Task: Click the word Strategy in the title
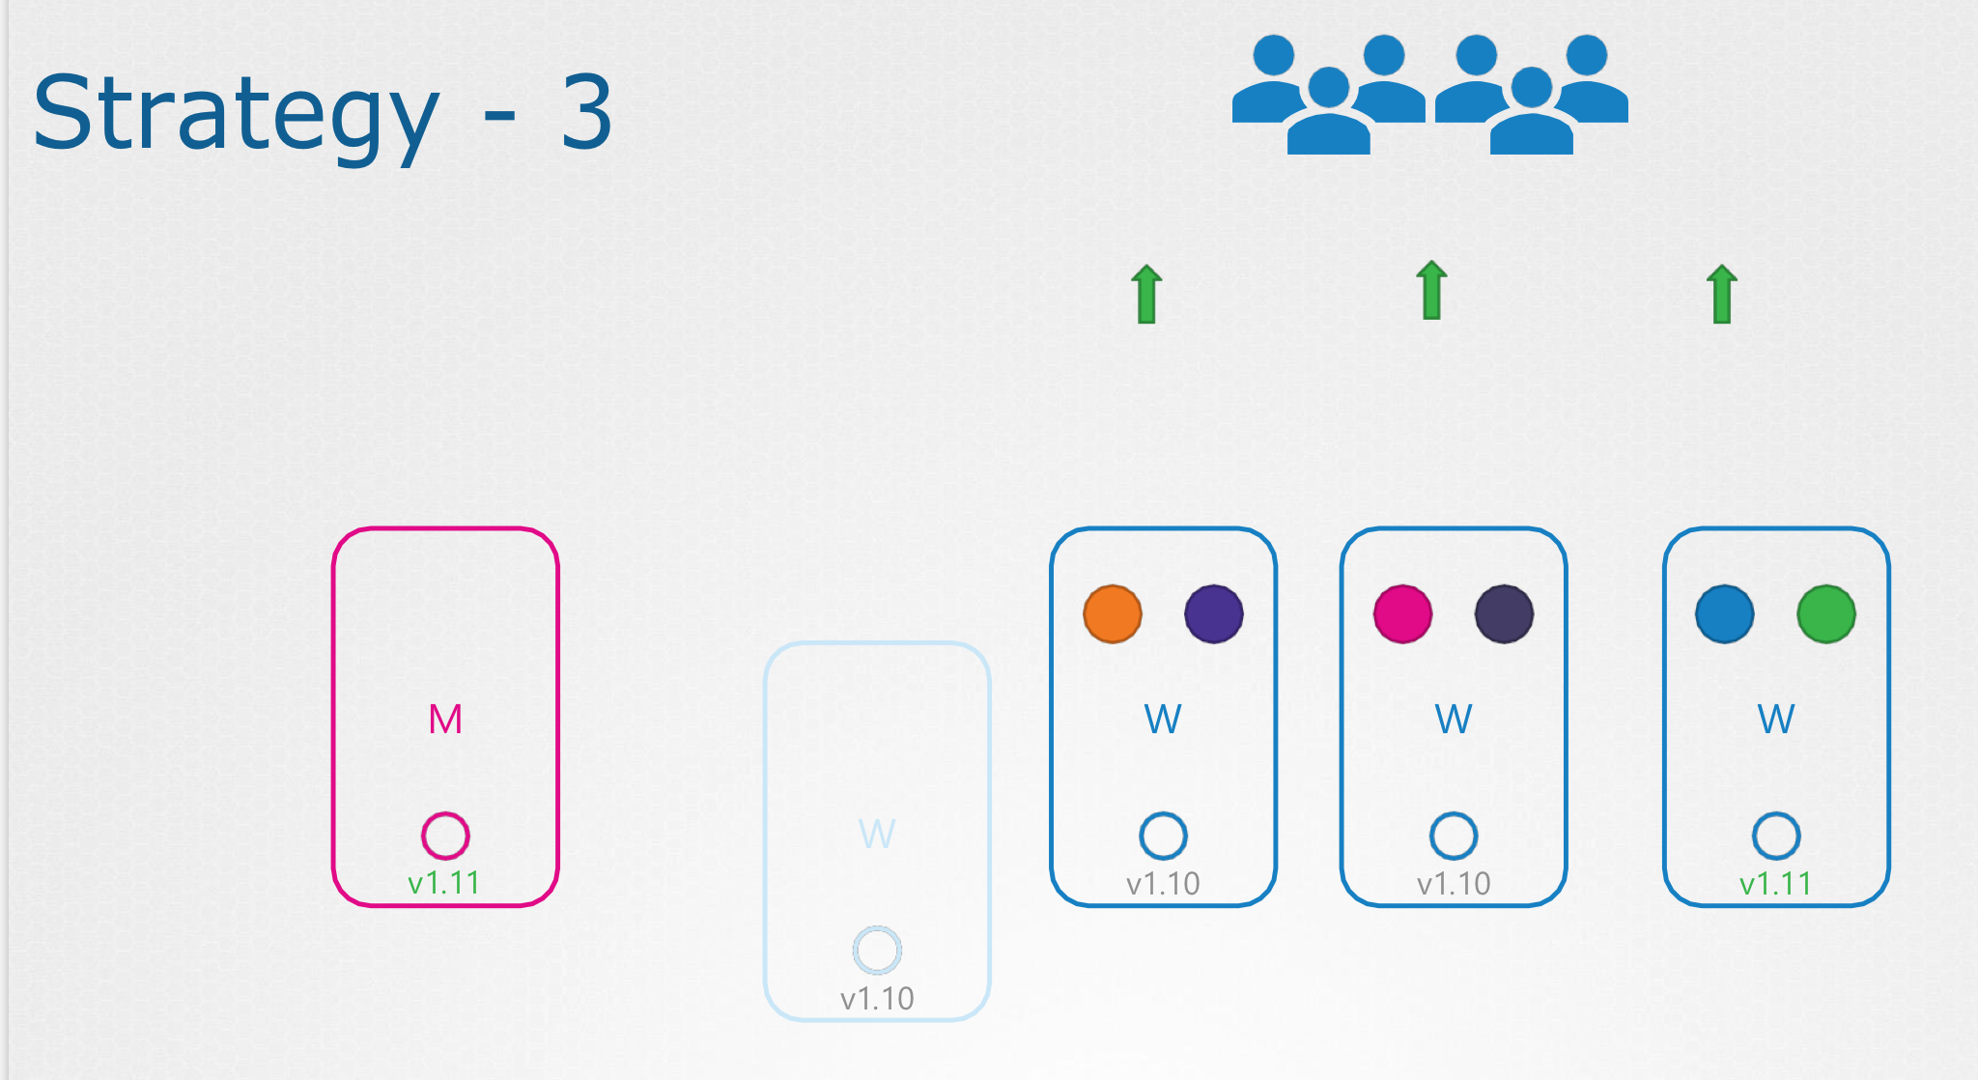click(236, 114)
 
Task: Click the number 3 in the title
click(585, 114)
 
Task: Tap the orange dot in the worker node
click(1113, 613)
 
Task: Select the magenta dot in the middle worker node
click(1402, 613)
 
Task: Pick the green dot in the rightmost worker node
click(1826, 613)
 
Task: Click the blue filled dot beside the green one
click(1725, 613)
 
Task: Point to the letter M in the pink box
click(445, 719)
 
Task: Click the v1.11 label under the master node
click(444, 883)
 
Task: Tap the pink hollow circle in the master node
click(445, 836)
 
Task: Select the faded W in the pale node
click(877, 834)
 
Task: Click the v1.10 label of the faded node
click(877, 998)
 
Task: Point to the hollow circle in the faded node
click(877, 951)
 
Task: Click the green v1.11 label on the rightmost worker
click(1775, 883)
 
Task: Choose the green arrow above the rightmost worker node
click(1722, 294)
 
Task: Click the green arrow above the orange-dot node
click(1146, 294)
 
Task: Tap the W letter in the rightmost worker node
click(1776, 719)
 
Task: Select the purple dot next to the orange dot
click(1214, 613)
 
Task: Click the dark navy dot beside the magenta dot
click(1504, 613)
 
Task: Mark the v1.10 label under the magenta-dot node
click(1454, 883)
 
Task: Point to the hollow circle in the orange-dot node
click(1163, 836)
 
